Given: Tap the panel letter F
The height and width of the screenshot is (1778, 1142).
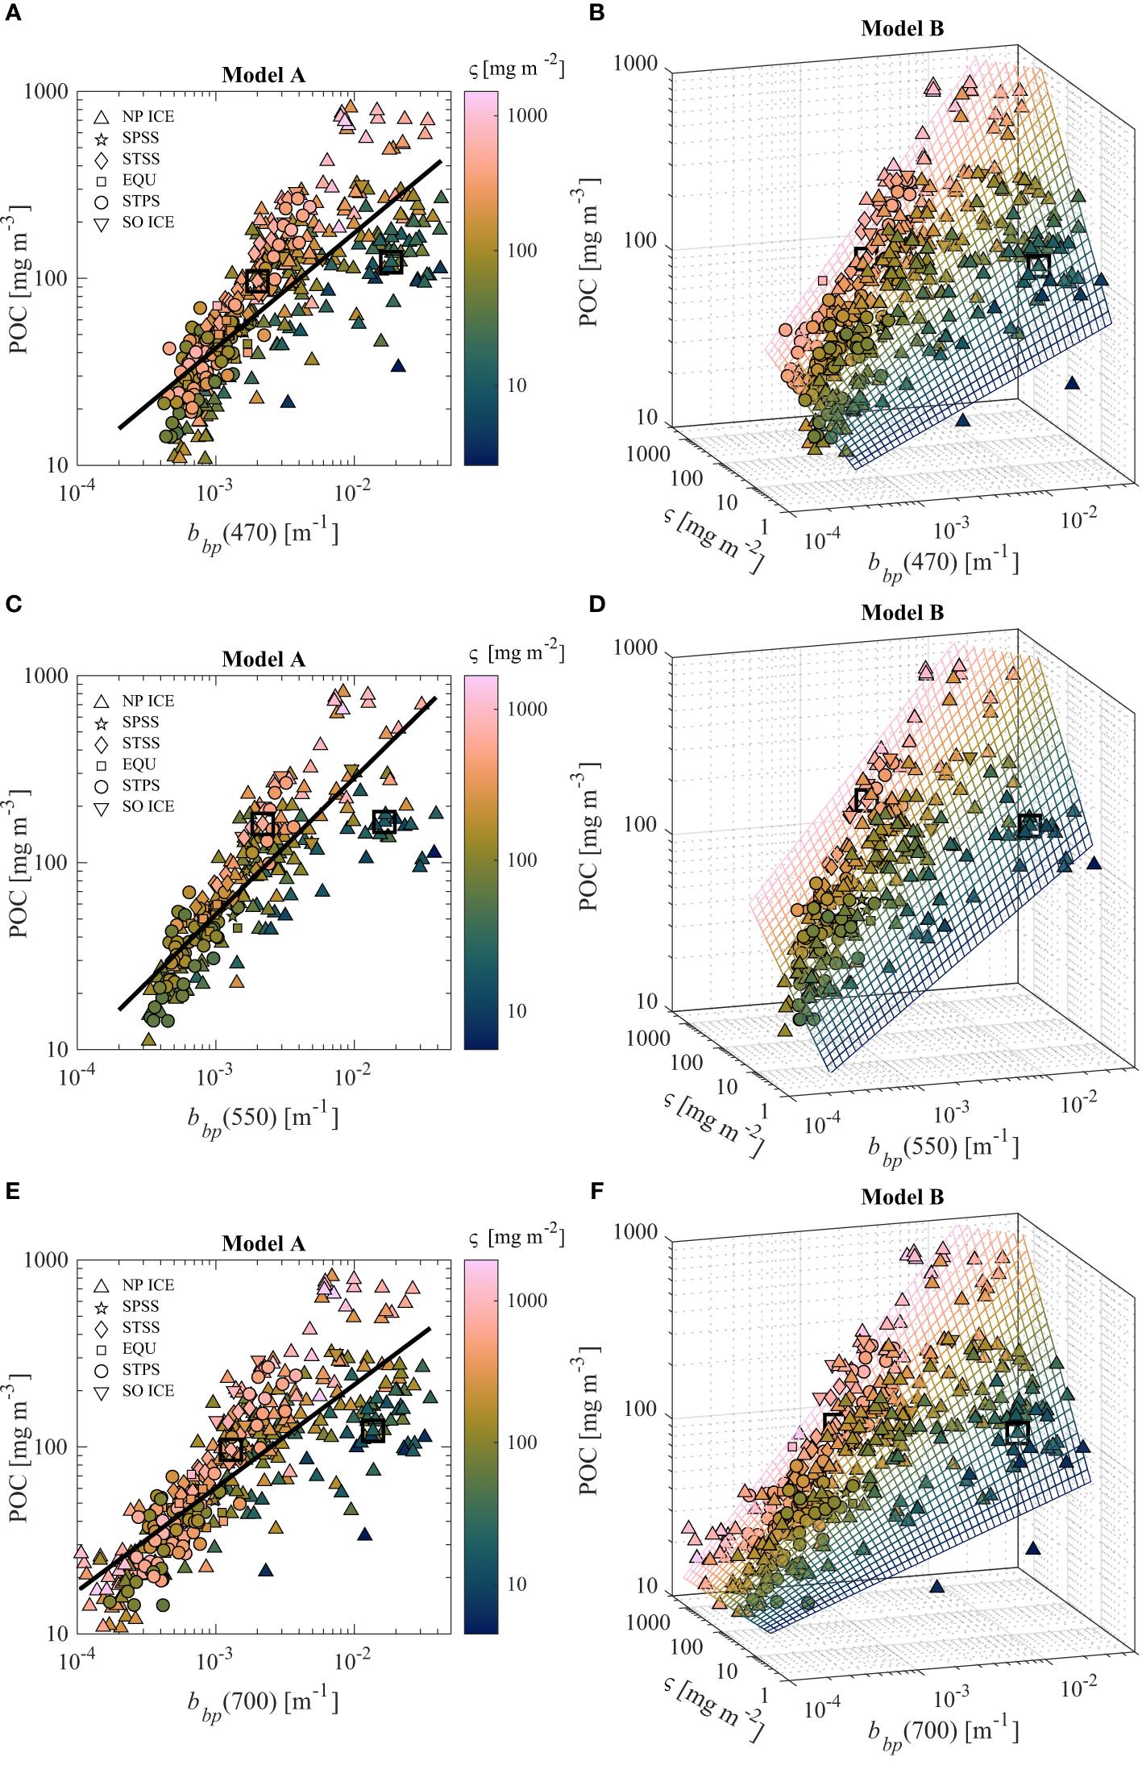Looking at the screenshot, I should click(596, 1191).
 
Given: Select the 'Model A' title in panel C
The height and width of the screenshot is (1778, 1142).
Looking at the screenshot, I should click(264, 660).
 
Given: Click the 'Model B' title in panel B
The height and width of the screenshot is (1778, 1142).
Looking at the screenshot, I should click(902, 28).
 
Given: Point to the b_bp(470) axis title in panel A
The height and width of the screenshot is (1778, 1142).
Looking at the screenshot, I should click(263, 535).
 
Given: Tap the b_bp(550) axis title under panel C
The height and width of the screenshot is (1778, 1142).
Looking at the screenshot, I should click(263, 1119).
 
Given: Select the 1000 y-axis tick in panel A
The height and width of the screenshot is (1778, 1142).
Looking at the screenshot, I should click(46, 92).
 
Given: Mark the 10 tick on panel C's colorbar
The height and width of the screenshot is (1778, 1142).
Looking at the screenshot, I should click(517, 1011).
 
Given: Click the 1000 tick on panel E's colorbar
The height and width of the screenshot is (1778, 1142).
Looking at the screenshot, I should click(527, 1300).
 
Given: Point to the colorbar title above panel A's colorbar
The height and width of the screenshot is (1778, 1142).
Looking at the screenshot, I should click(517, 69).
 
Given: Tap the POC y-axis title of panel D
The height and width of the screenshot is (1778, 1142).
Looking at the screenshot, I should click(589, 837).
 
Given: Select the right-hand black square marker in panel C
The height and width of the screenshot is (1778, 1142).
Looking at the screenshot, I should click(384, 822).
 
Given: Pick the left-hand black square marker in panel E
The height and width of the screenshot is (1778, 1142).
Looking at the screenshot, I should click(230, 1449).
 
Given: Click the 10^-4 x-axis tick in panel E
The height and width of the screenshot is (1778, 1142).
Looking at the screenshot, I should click(77, 1662).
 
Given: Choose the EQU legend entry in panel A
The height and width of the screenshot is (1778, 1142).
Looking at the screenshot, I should click(129, 180).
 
